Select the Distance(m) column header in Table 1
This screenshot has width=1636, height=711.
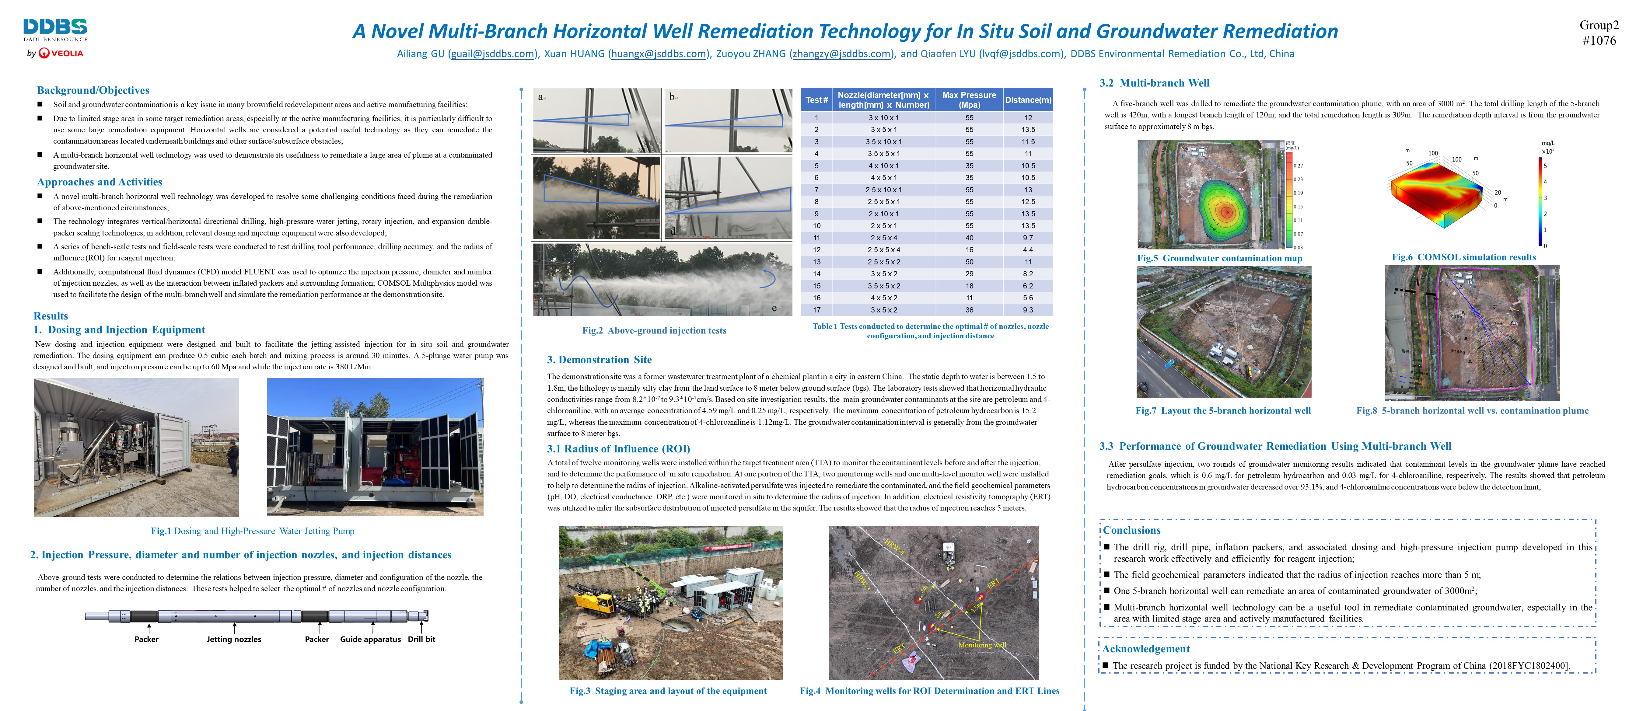click(1028, 100)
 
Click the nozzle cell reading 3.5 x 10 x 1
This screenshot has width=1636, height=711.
click(883, 141)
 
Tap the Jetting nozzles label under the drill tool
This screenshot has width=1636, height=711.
click(234, 639)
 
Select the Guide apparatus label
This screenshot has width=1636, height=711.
click(370, 639)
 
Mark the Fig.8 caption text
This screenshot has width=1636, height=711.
click(1472, 411)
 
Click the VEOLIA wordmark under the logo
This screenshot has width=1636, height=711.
click(67, 53)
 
